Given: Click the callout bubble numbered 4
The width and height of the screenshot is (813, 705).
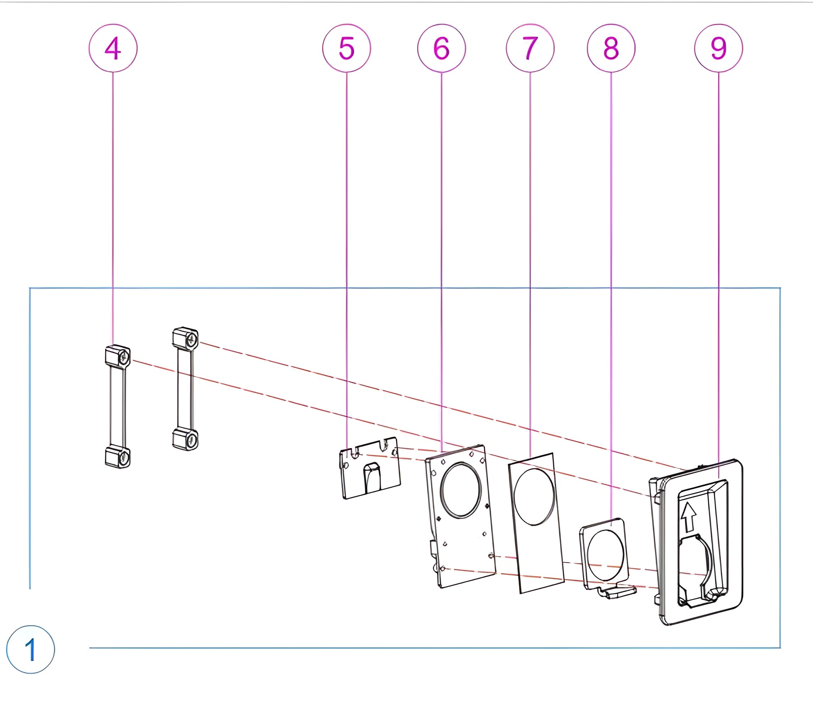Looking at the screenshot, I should [113, 48].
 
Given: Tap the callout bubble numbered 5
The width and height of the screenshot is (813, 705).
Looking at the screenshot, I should [346, 48].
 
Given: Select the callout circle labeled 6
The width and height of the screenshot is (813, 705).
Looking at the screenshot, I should [442, 48].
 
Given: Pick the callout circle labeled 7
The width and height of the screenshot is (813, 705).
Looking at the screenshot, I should [530, 48].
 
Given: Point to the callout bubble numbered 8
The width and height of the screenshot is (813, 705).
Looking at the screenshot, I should [611, 48].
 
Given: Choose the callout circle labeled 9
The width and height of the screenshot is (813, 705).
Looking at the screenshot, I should [719, 48].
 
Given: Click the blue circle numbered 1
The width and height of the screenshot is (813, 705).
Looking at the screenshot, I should [30, 650].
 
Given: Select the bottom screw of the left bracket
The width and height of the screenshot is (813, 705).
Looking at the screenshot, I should [124, 457].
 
